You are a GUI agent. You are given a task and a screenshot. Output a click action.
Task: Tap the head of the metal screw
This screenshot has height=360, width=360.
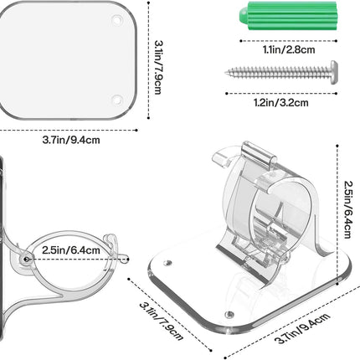(x=334, y=72)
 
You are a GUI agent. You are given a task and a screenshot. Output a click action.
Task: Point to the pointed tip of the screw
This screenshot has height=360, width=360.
(x=226, y=73)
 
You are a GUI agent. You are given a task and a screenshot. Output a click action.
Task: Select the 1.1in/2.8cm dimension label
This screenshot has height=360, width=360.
(x=289, y=50)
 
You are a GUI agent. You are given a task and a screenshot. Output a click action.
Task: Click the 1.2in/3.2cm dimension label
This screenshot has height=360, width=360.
(x=281, y=103)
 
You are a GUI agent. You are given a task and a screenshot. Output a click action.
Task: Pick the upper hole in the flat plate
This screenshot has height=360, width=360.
(x=117, y=20)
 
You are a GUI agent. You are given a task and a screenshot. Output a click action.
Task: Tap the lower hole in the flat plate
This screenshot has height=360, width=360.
(x=117, y=100)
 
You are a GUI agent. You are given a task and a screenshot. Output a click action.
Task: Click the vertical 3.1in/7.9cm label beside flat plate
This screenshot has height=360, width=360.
(x=158, y=67)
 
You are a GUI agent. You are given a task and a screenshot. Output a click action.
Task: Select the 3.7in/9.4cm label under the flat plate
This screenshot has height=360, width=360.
(x=71, y=140)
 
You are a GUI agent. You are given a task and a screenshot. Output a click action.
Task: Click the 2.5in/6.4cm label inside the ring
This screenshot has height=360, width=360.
(x=71, y=250)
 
